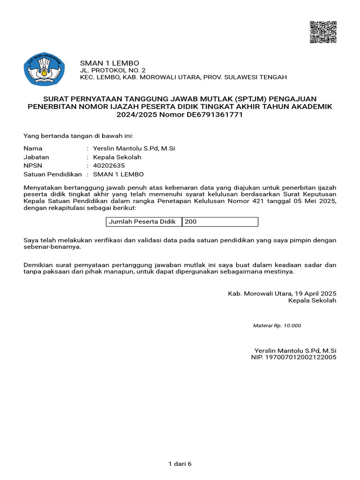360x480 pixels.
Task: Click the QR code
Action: coord(323,32)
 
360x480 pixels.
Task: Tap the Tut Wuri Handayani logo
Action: coord(45,69)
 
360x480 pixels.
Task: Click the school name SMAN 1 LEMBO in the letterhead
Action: coord(109,63)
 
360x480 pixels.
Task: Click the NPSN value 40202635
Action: coord(109,166)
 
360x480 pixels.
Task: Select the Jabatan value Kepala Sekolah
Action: coord(117,157)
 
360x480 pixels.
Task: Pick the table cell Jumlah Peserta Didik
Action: coord(142,222)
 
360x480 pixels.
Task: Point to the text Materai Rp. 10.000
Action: coord(277,325)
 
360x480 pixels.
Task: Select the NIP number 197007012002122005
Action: coord(301,358)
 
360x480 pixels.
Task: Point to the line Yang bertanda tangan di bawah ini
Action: coord(79,136)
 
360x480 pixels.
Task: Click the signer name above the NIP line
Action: coord(295,350)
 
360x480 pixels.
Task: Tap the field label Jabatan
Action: coord(36,157)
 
